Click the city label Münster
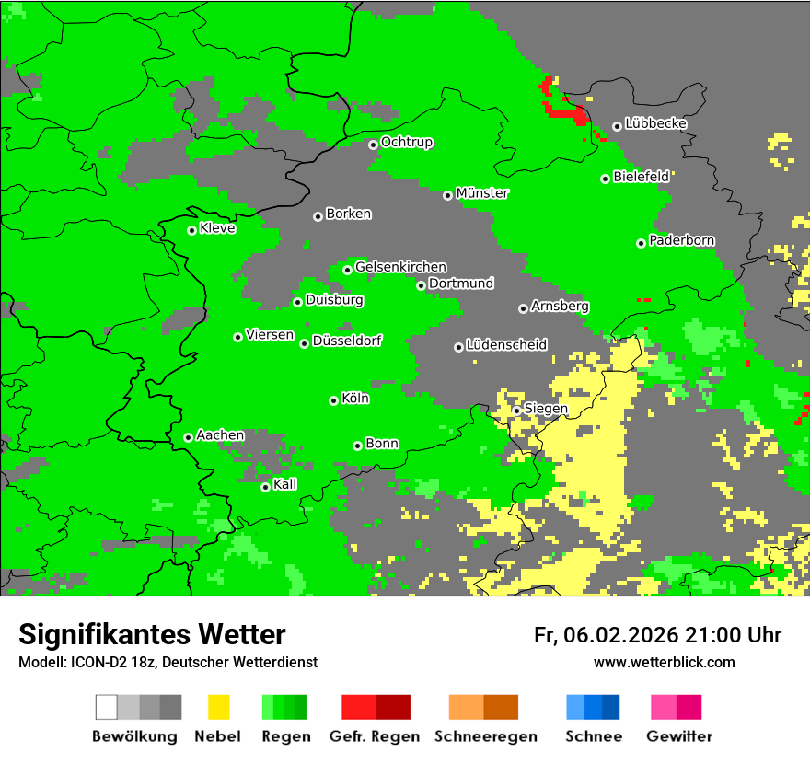[x=482, y=193]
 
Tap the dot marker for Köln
[x=333, y=400]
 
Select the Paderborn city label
[x=681, y=240]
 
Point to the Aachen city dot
[x=188, y=437]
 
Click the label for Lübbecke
[x=655, y=123]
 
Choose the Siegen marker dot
[x=517, y=411]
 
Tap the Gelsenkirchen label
[x=400, y=267]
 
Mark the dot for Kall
[x=266, y=487]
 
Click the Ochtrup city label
[x=407, y=142]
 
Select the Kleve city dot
[x=191, y=230]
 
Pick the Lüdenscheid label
[x=506, y=344]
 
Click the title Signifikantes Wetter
[x=152, y=634]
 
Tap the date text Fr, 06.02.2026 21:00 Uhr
[x=657, y=635]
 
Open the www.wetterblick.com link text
[x=664, y=662]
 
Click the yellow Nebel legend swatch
[x=218, y=707]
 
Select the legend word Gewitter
[x=678, y=736]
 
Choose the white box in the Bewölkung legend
[x=107, y=707]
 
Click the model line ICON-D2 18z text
[x=168, y=662]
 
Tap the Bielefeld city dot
[x=606, y=179]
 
